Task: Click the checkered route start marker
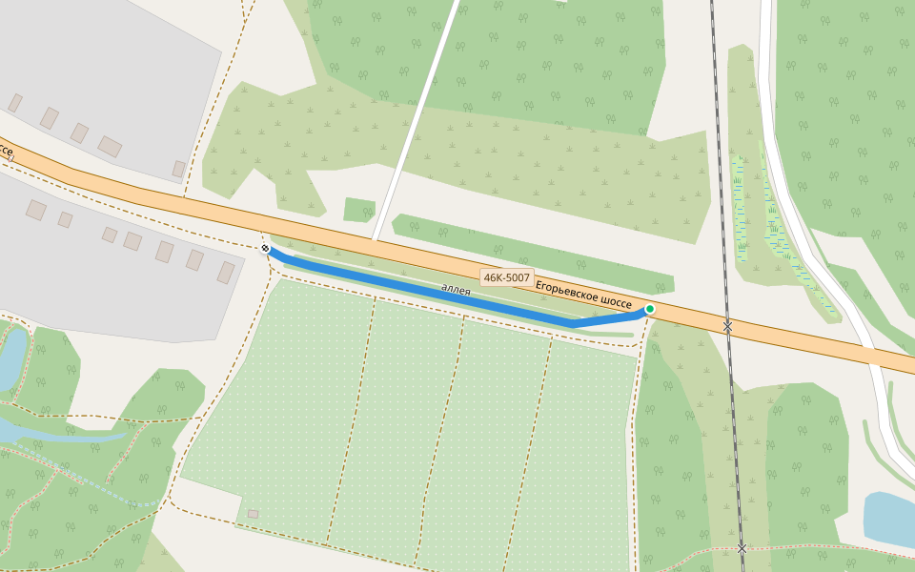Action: coord(265,249)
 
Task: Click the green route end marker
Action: coord(650,309)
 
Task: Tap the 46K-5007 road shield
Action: coord(506,277)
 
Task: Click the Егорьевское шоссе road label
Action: coord(583,294)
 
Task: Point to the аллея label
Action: coord(456,289)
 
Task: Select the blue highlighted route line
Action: coord(429,292)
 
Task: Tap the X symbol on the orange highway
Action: coord(727,326)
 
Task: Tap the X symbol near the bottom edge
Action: coord(742,548)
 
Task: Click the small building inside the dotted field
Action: coord(253,514)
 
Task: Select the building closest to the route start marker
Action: coord(226,273)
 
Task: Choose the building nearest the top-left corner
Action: coord(15,102)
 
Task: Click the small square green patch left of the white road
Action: coord(358,210)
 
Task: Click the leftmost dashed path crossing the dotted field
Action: coord(353,419)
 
